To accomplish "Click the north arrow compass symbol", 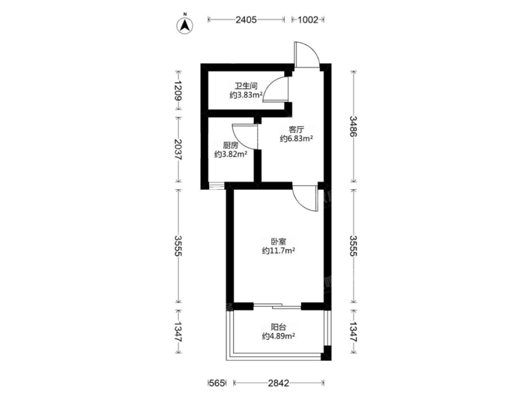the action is point(185,26).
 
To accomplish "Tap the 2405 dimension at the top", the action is point(246,20).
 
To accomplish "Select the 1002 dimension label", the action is point(308,20).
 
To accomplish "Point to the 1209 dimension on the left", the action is point(178,90).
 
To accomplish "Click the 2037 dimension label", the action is point(178,149).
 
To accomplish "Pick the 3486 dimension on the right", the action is point(354,126).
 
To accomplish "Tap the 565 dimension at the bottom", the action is point(217,383).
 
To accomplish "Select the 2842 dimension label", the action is point(279,383).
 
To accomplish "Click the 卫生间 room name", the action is point(246,86).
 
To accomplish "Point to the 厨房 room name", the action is point(230,146).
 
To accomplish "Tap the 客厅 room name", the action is point(296,130).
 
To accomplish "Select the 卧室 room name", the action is point(278,242).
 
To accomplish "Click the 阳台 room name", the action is point(278,327).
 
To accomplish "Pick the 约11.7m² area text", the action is point(278,251).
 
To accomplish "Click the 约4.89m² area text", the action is point(278,336).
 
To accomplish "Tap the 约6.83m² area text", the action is point(296,139).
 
